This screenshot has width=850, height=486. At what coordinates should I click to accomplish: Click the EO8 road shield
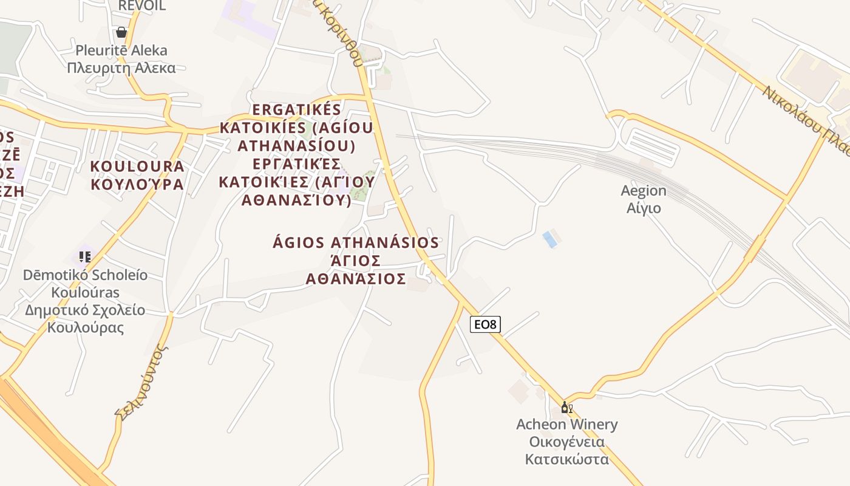(x=485, y=324)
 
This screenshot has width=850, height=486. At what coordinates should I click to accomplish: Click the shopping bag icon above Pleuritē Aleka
(x=121, y=32)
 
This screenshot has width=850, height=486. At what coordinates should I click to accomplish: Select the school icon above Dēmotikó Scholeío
(x=85, y=257)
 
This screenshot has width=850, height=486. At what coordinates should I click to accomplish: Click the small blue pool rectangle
(x=550, y=239)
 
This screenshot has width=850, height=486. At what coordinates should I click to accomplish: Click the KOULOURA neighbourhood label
(x=137, y=166)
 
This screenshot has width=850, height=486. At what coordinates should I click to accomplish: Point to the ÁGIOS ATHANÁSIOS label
(x=356, y=242)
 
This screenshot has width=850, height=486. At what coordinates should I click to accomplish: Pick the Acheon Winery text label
(x=566, y=424)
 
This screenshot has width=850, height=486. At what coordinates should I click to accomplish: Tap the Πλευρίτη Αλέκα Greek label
(x=121, y=67)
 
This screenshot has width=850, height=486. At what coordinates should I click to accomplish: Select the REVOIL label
(x=141, y=6)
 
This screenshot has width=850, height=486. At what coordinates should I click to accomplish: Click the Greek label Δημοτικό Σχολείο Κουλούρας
(x=85, y=319)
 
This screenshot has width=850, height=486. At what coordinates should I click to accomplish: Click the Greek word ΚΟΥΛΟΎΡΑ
(x=137, y=184)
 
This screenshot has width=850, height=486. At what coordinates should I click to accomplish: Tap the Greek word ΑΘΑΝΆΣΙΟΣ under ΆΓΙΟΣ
(x=356, y=279)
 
